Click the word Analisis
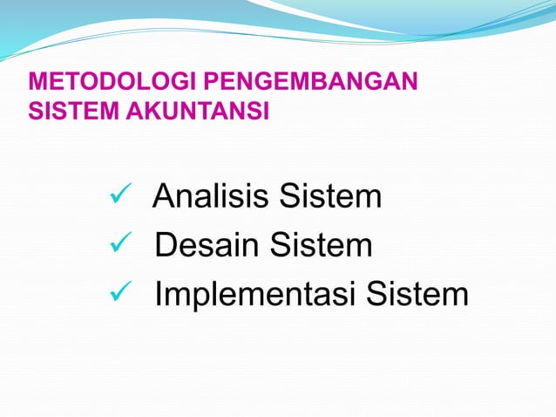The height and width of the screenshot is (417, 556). [x=210, y=197]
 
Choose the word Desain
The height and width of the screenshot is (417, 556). [x=207, y=246]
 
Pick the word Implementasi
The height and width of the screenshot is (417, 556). [x=254, y=296]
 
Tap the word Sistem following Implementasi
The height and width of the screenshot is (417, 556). [x=417, y=296]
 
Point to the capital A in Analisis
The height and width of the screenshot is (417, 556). [x=163, y=197]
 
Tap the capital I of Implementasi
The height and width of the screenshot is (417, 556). [x=159, y=296]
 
